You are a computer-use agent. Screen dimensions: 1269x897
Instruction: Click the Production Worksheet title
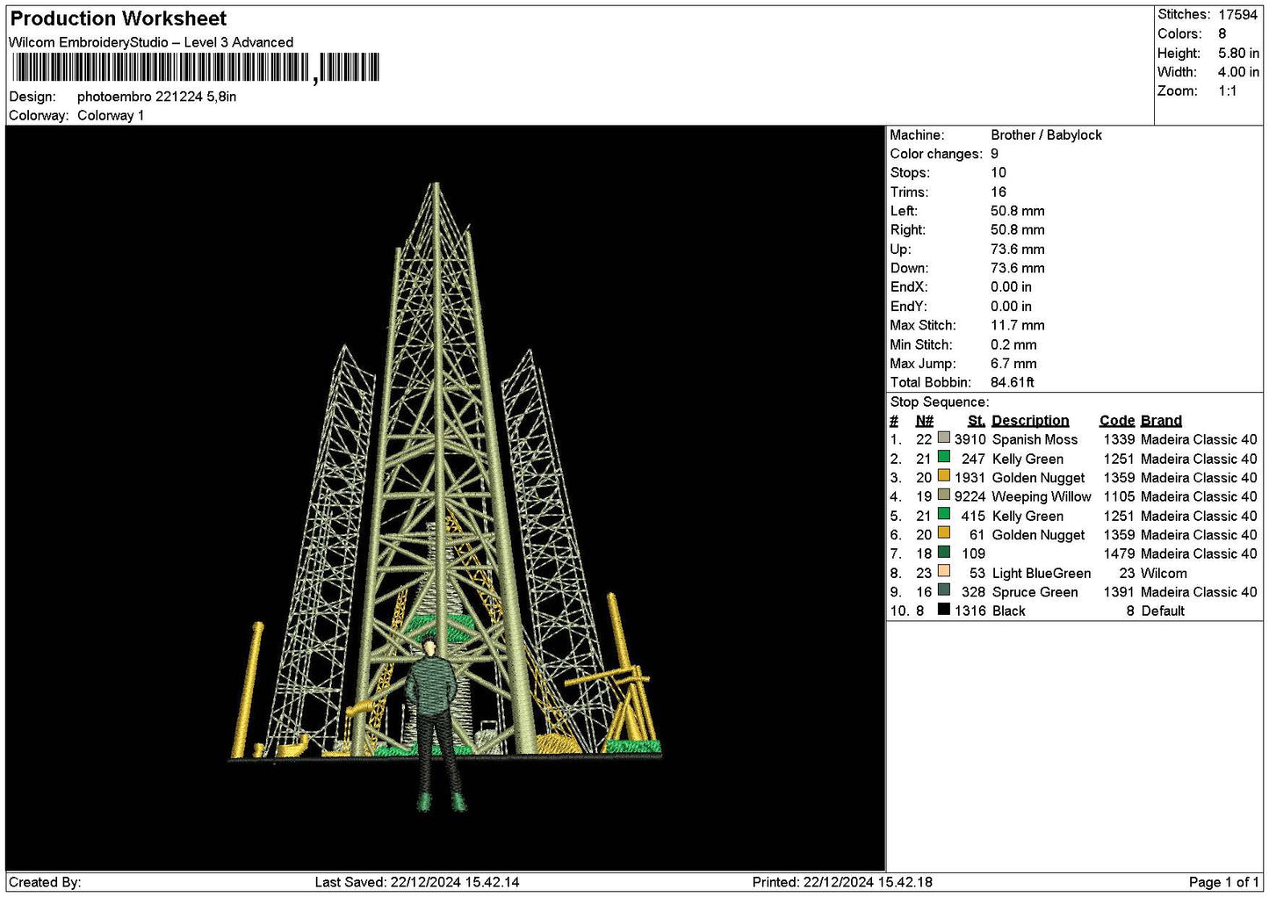point(118,18)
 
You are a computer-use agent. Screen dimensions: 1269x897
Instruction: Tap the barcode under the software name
point(196,68)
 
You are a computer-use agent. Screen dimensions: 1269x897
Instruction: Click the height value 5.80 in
point(1238,53)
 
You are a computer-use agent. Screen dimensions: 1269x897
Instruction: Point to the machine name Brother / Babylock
point(1046,135)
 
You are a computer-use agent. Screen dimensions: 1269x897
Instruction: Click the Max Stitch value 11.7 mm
point(1017,325)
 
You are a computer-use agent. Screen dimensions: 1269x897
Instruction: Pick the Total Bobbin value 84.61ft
point(1012,382)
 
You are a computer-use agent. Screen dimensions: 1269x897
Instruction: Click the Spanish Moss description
point(1035,440)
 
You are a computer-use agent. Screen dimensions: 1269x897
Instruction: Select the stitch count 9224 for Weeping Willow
point(970,497)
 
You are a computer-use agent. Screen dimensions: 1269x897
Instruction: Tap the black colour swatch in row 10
point(944,609)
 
